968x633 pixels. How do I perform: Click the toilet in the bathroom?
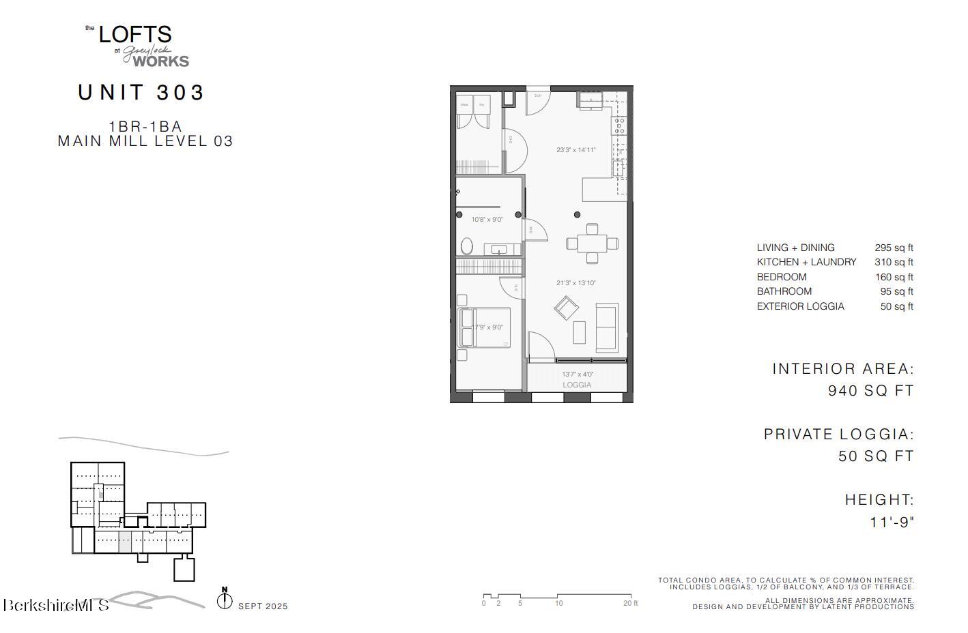(x=468, y=246)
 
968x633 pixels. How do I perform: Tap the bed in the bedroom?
(x=485, y=328)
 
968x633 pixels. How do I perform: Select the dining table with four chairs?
(x=592, y=243)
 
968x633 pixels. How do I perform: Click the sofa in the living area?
(x=606, y=327)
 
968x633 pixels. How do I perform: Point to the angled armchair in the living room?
(x=566, y=308)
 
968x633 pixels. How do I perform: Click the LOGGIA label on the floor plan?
(x=577, y=385)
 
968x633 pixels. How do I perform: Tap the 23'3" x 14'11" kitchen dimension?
(x=575, y=150)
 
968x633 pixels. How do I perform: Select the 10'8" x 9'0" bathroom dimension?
(x=487, y=220)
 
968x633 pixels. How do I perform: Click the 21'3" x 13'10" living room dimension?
(x=575, y=283)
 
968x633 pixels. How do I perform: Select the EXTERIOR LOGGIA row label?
(x=800, y=306)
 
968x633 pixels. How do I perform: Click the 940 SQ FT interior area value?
(x=870, y=391)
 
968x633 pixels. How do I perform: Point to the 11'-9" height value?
(x=892, y=522)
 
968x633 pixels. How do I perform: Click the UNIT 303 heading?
(x=141, y=92)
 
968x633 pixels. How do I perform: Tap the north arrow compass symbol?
(x=225, y=600)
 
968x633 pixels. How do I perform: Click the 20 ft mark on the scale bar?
(x=630, y=603)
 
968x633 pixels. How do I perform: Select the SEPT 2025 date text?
(x=263, y=606)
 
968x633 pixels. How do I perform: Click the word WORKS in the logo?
(x=160, y=61)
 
